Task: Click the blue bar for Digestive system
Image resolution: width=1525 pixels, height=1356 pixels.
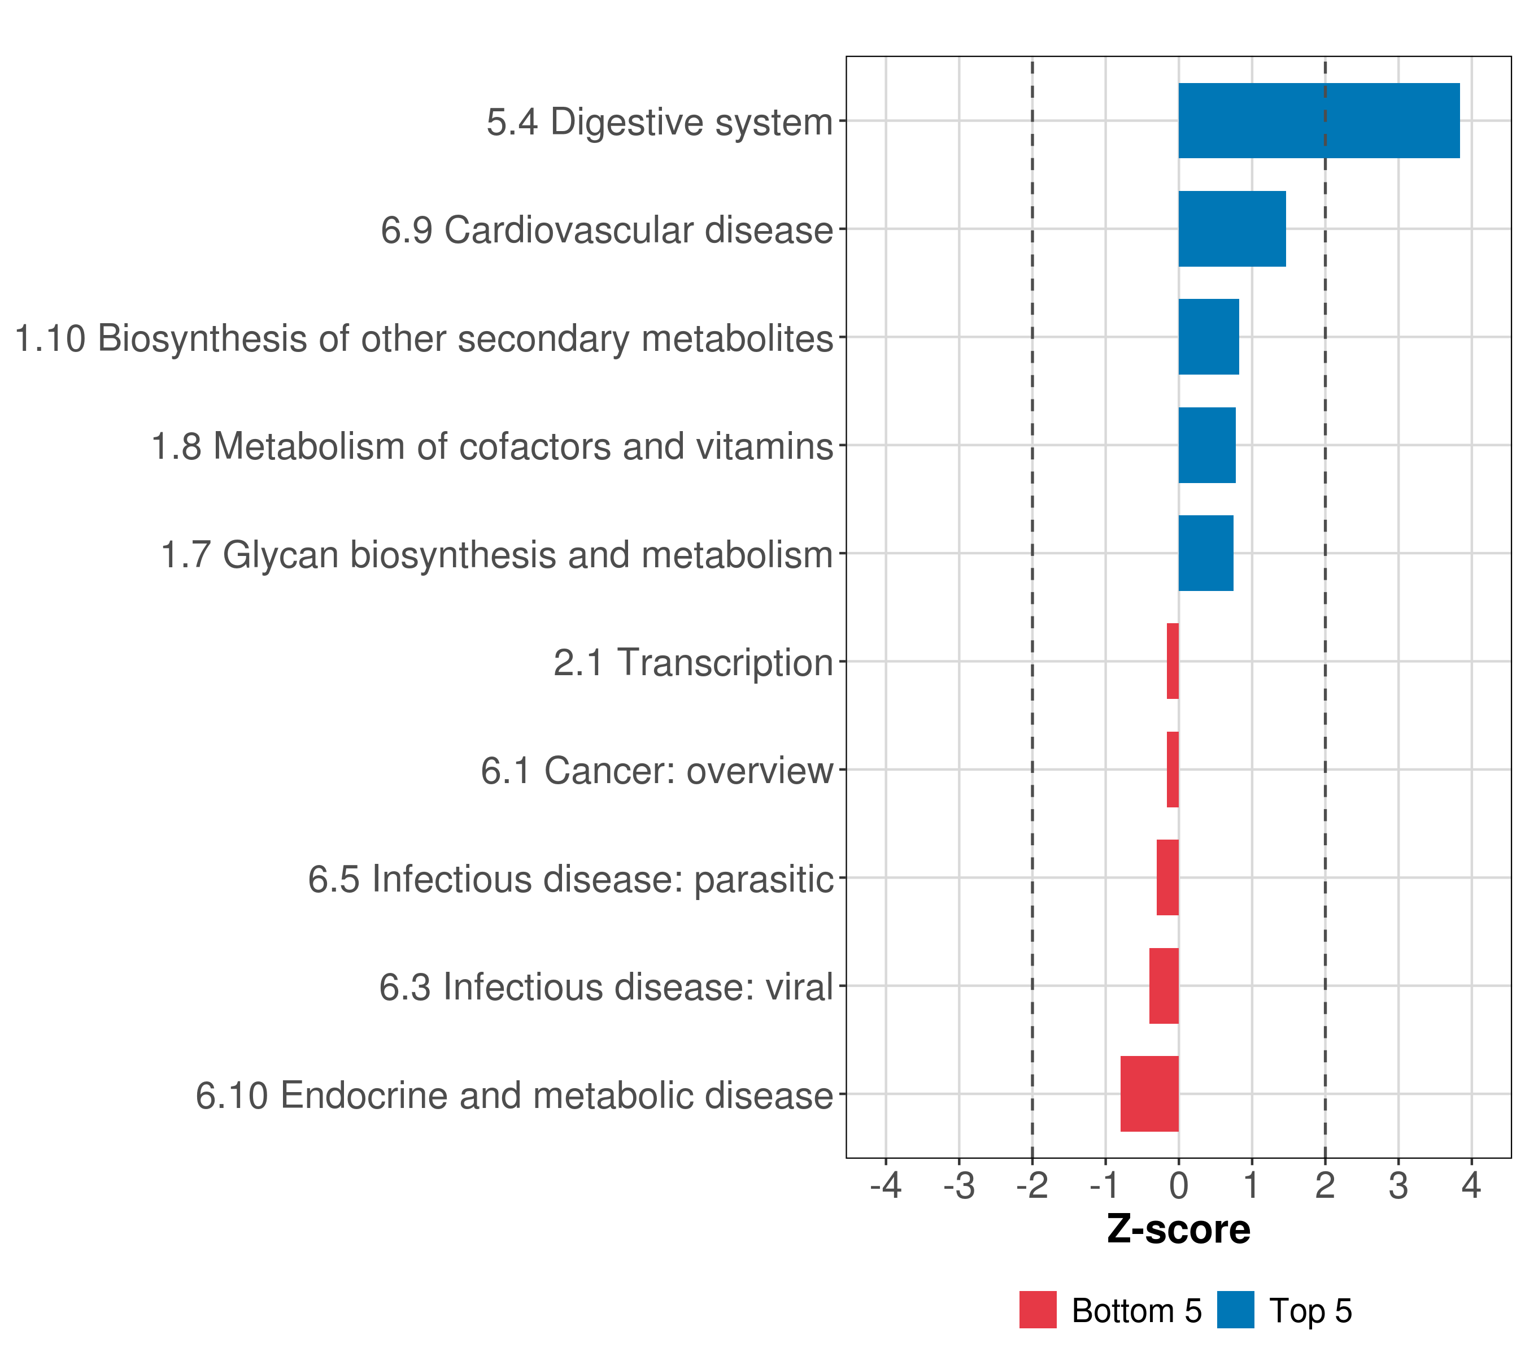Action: (x=1318, y=121)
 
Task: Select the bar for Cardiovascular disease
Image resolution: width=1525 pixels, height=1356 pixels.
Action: (x=1232, y=229)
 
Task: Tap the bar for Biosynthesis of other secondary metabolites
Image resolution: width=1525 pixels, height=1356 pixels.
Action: (x=1208, y=337)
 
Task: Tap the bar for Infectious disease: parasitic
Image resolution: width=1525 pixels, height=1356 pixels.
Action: (x=1167, y=877)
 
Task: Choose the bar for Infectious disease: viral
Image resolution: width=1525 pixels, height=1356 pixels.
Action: (x=1164, y=986)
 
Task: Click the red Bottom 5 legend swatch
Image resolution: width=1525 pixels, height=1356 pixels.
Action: (x=1038, y=1310)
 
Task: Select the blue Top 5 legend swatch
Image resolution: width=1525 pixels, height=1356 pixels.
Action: (x=1235, y=1310)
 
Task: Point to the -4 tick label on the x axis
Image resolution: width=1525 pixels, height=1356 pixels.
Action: (x=886, y=1185)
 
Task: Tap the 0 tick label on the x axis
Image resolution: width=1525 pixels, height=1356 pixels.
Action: (x=1178, y=1185)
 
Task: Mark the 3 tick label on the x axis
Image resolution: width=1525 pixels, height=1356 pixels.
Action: (x=1398, y=1185)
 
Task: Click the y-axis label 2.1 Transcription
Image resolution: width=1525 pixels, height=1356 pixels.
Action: (x=693, y=663)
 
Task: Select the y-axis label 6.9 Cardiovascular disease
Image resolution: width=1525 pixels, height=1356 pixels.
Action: (x=607, y=230)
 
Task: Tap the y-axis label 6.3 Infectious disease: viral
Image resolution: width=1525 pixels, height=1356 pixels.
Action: (x=606, y=987)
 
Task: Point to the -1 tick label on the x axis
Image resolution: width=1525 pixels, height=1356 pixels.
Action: (x=1105, y=1185)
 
